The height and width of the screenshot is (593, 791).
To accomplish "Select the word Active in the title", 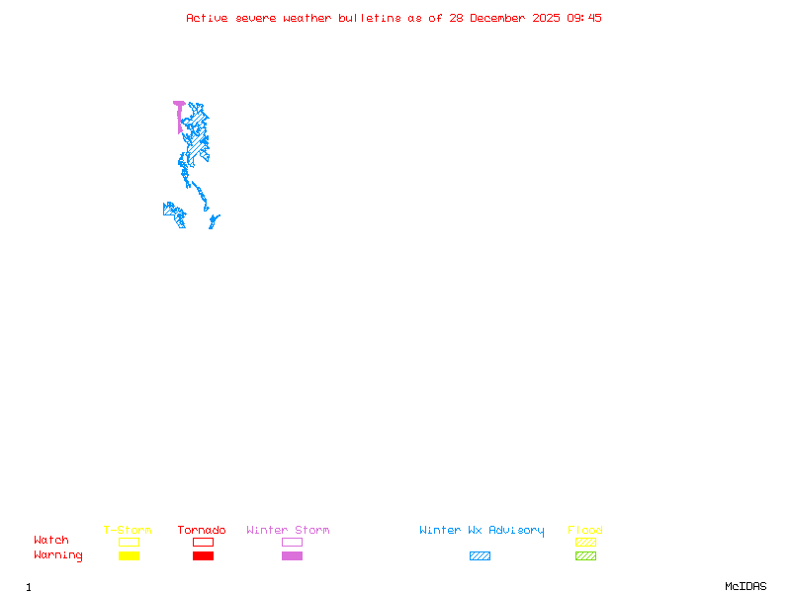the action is point(206,18).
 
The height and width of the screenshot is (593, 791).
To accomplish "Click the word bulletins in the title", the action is point(370,18).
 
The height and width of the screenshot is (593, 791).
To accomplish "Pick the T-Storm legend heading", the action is point(128,530).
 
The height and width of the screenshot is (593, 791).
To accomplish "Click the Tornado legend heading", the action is point(202,530).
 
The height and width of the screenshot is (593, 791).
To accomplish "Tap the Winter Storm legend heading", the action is point(288,530).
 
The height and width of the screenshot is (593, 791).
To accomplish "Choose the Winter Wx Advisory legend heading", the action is point(482,530).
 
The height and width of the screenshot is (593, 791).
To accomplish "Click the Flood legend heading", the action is point(585,530).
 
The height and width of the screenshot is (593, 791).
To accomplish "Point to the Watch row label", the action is point(51,541).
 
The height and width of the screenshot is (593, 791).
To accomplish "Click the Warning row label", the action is point(58,555).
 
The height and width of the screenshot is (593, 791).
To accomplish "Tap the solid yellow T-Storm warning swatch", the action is point(129,555).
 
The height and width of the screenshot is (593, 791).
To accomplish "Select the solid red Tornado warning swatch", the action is point(203,555).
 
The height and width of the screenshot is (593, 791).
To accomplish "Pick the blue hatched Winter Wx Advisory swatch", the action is point(480,555).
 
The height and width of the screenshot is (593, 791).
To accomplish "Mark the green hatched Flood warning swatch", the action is point(585,555).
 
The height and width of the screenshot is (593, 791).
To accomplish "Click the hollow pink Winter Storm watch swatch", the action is point(292,542).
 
